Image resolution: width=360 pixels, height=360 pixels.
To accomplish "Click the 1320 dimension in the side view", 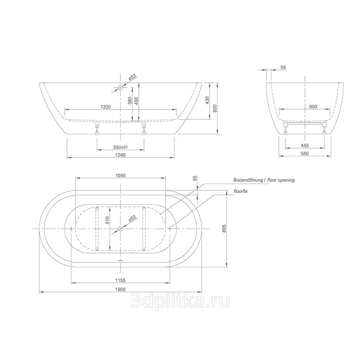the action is click(105, 107).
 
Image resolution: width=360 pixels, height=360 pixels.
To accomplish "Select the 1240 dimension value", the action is click(120, 155).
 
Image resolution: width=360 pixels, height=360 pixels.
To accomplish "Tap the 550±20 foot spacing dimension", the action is click(120, 147).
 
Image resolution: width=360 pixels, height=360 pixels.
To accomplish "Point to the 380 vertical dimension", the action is click(130, 101).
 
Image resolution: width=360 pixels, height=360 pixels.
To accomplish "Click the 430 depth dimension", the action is click(207, 100).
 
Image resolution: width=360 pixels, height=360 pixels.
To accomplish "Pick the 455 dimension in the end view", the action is click(304, 146).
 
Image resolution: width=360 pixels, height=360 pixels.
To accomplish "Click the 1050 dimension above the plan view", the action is click(120, 176).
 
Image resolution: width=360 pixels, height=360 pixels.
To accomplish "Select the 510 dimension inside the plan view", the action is click(107, 221).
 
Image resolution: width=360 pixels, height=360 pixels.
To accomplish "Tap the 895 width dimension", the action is click(224, 228).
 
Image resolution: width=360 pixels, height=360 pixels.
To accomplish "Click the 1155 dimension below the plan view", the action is click(120, 280).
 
